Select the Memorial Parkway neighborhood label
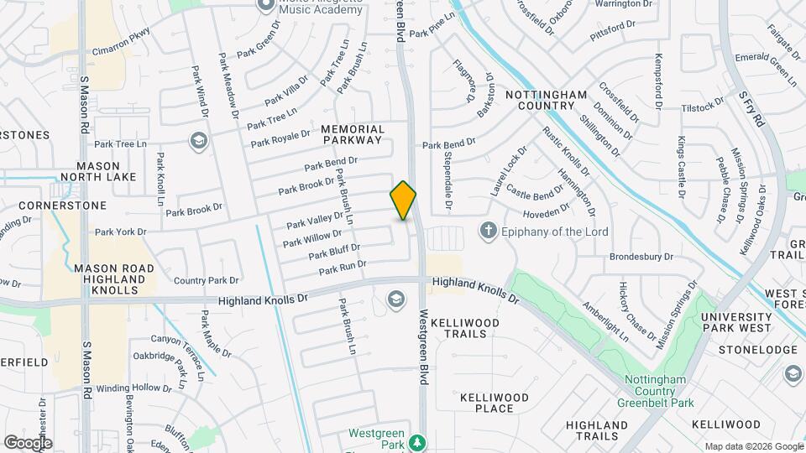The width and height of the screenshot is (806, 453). coord(353,135)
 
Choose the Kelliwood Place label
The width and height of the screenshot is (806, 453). coord(495,403)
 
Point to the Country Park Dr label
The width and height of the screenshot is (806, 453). coord(207,281)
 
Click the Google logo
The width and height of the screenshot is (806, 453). coord(28,442)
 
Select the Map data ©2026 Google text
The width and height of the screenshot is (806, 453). coord(753,446)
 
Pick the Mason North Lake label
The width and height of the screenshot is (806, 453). coord(97,171)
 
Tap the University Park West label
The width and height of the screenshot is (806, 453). coord(736,322)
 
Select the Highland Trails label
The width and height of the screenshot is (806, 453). coord(597,430)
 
